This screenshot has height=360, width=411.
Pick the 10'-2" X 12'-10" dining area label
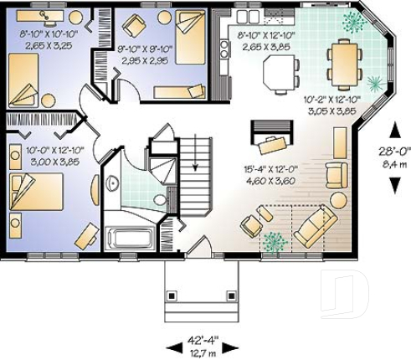329,103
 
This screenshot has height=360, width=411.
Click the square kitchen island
280,75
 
